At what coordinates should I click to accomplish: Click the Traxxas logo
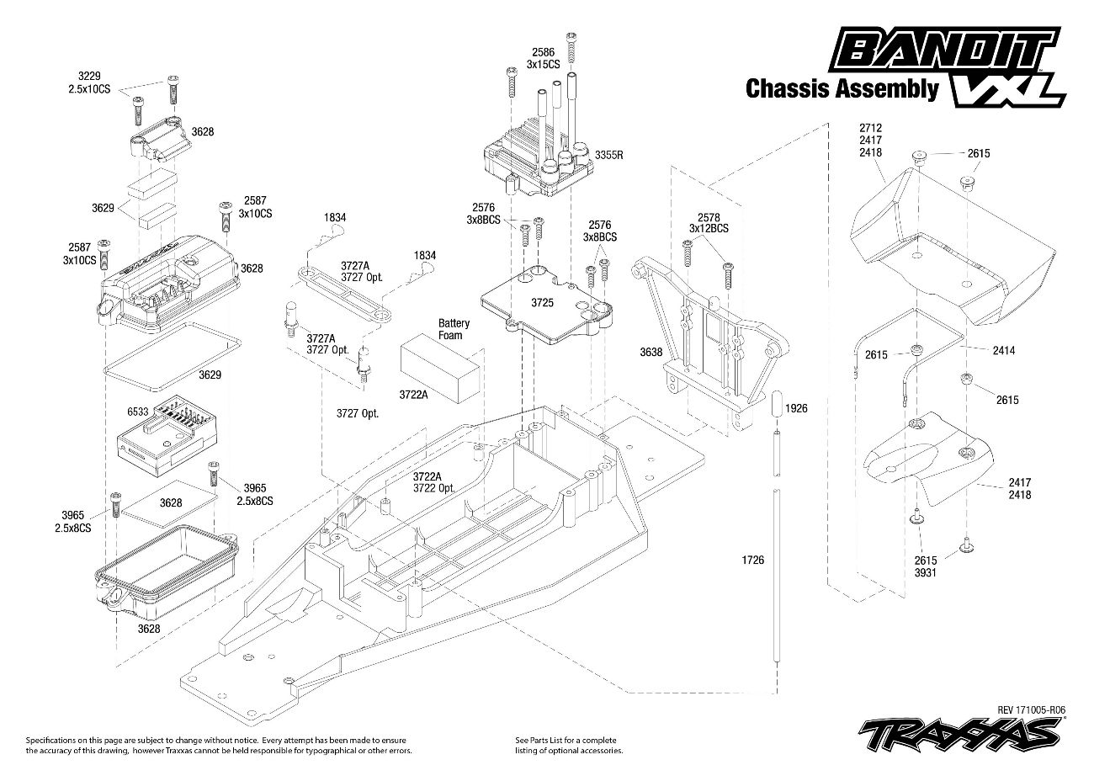(959, 733)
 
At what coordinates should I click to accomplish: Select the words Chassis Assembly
(842, 89)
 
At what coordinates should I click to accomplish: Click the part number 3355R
(608, 155)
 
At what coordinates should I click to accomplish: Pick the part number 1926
(795, 408)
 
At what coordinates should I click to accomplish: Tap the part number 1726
(753, 560)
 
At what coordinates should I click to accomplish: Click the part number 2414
(1004, 350)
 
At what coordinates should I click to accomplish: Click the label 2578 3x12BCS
(709, 223)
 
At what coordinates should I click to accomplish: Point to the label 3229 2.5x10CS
(89, 82)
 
